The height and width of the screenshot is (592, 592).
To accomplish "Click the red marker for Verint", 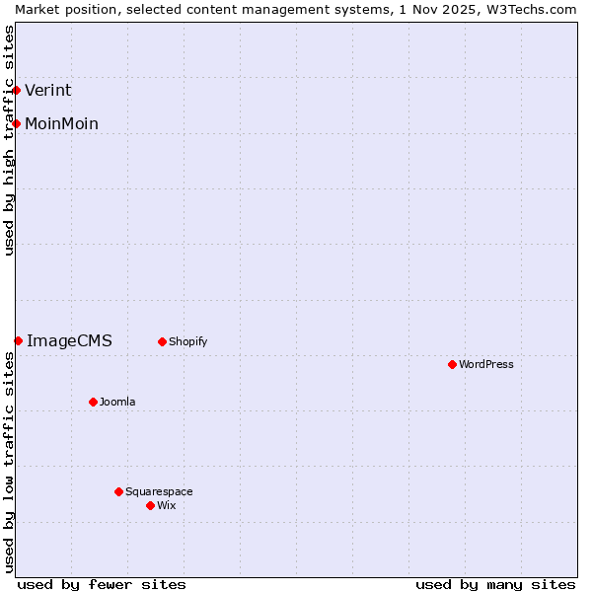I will (16, 91).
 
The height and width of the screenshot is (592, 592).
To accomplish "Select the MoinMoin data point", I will (16, 123).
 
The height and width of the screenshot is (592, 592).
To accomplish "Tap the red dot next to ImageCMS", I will (18, 340).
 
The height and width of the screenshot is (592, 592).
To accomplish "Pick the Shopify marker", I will (162, 342).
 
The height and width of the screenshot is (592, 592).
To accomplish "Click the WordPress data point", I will (452, 364).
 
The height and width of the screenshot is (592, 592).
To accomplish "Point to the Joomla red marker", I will (93, 402).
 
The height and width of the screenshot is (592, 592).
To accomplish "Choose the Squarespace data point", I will (118, 491).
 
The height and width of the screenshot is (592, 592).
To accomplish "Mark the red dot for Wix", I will (150, 505).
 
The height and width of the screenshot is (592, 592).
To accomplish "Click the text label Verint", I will (48, 91).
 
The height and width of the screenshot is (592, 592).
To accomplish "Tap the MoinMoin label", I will (61, 123).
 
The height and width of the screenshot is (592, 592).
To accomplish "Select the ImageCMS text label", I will (69, 341).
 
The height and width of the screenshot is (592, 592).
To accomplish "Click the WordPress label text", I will (486, 364).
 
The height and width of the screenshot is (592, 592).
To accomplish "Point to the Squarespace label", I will (159, 491).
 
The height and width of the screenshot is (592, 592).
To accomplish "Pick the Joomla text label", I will (117, 402).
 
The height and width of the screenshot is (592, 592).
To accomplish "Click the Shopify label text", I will (187, 342).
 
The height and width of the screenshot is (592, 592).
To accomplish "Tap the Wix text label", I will (167, 505).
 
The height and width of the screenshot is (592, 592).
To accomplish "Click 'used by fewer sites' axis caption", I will (102, 584).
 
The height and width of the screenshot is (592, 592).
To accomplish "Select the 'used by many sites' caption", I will (495, 584).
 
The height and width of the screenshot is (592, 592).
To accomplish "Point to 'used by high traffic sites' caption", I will (9, 140).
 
